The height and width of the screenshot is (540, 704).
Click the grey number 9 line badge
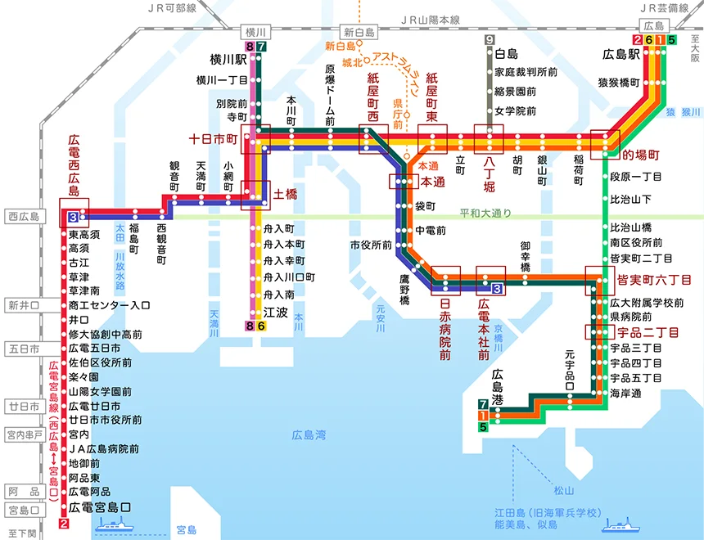pyautogui.click(x=490, y=39)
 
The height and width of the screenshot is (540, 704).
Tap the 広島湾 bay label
pyautogui.click(x=309, y=435)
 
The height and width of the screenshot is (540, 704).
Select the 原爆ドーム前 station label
pyautogui.click(x=330, y=95)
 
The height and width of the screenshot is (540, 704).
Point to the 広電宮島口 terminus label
pyautogui.click(x=100, y=507)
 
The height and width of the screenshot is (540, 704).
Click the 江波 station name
pyautogui.click(x=275, y=313)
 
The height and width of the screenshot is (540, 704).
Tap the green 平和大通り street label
pyautogui.click(x=485, y=213)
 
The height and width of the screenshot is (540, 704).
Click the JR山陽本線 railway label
pyautogui.click(x=430, y=20)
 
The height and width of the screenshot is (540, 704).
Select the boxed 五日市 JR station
pyautogui.click(x=25, y=349)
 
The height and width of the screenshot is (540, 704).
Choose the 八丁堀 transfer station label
pyautogui.click(x=489, y=173)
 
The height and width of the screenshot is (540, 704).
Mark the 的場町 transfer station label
pyautogui.click(x=641, y=155)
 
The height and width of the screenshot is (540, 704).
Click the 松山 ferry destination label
pyautogui.click(x=563, y=490)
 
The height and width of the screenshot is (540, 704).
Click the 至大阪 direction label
pyautogui.click(x=696, y=49)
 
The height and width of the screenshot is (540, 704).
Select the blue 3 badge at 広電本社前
pyautogui.click(x=497, y=289)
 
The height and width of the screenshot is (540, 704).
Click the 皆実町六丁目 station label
pyautogui.click(x=654, y=280)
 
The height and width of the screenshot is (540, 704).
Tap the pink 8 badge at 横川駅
pyautogui.click(x=250, y=47)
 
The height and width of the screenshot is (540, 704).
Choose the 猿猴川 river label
pyautogui.click(x=683, y=112)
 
